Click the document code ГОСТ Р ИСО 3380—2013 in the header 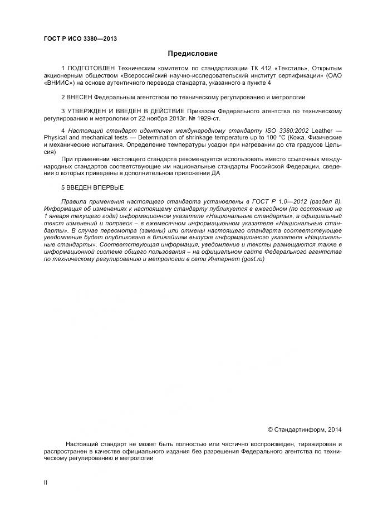click(80, 38)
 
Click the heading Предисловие click(193, 54)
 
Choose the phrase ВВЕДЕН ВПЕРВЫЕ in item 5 click(95, 187)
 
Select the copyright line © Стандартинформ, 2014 click(305, 429)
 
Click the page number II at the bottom click(45, 482)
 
